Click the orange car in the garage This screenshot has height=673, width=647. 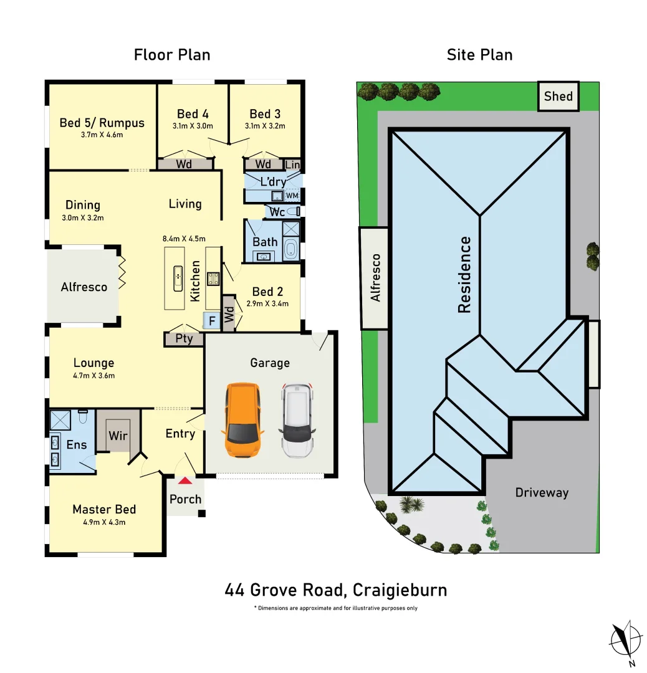coord(242,421)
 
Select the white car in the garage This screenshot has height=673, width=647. coord(299,421)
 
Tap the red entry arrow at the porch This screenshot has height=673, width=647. coord(185,480)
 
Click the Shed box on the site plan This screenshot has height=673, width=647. coord(558,96)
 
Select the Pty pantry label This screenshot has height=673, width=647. coord(184,339)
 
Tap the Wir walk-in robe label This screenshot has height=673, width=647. coord(118,435)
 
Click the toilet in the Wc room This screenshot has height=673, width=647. coord(296,212)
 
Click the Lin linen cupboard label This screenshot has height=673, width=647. coord(292,165)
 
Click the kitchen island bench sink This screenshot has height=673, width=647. coord(178,275)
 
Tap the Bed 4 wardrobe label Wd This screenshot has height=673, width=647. coord(184,165)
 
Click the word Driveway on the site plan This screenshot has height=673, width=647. coord(542,492)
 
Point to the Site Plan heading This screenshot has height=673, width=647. coord(479,55)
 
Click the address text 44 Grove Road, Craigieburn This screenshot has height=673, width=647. coord(335,589)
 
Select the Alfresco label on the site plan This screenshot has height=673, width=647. coord(375,278)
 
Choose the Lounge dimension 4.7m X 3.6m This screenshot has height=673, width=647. coord(94,376)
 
